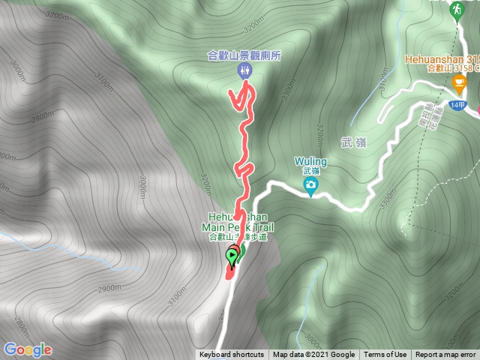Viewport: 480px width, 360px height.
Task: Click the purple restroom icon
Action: click(x=244, y=71)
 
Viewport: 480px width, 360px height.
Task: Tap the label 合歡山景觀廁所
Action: click(x=244, y=55)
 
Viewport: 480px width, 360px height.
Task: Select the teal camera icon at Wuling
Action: click(x=311, y=185)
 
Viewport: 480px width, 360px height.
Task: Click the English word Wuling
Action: click(x=311, y=160)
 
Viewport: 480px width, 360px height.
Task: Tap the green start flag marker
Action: click(x=232, y=257)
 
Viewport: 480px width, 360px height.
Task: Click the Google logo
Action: click(x=28, y=349)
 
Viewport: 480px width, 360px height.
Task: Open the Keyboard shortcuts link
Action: click(x=232, y=355)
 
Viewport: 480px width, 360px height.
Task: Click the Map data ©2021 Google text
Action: click(x=313, y=355)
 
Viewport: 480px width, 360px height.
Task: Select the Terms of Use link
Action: click(x=385, y=355)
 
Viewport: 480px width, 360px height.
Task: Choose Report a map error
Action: click(x=445, y=355)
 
